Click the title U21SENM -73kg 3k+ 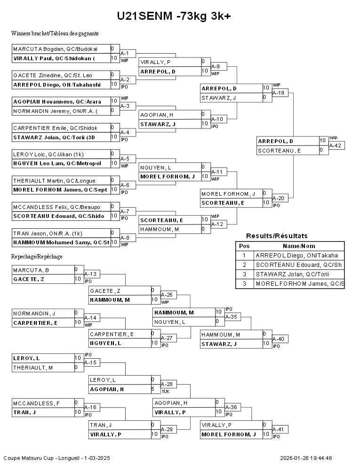pyautogui.click(x=174, y=16)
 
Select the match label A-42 pyautogui.click(x=336, y=145)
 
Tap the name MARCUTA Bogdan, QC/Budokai pyautogui.click(x=55, y=49)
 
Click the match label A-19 pyautogui.click(x=278, y=93)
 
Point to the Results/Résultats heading pyautogui.click(x=277, y=236)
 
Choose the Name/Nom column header pyautogui.click(x=299, y=246)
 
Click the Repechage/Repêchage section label pyautogui.click(x=37, y=257)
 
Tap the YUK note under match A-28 pyautogui.click(x=166, y=392)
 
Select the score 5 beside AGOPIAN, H pyautogui.click(x=152, y=389)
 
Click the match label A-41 pyautogui.click(x=278, y=429)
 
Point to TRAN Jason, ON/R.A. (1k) pyautogui.click(x=48, y=233)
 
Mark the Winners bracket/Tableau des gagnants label pyautogui.click(x=55, y=33)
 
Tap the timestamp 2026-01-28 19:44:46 pyautogui.click(x=306, y=458)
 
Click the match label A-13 pyautogui.click(x=90, y=274)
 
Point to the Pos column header pyautogui.click(x=244, y=246)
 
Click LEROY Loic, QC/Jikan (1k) pyautogui.click(x=48, y=154)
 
